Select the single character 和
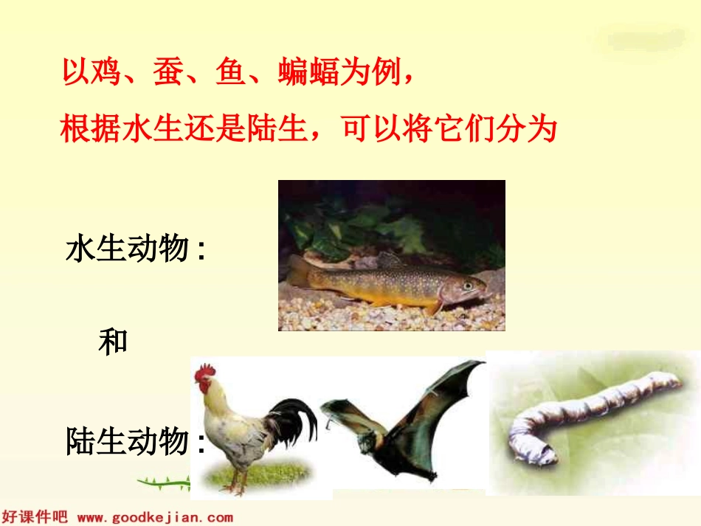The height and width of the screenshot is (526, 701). coord(113,342)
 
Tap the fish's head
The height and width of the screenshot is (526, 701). coord(469,287)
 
